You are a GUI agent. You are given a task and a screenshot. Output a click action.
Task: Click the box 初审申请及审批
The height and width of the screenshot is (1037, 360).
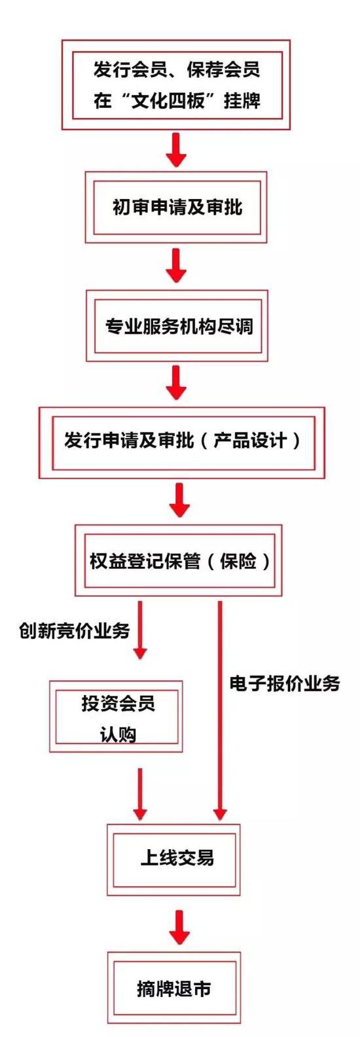(176, 208)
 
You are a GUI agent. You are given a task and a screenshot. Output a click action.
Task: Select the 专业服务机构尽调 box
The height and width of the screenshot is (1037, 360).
(177, 326)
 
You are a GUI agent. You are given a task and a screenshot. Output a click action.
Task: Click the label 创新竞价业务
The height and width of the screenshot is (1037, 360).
(74, 630)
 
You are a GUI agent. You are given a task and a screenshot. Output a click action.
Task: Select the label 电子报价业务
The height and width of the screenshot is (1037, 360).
(285, 683)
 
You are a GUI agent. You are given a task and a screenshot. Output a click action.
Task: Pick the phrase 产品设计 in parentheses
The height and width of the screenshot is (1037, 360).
(250, 440)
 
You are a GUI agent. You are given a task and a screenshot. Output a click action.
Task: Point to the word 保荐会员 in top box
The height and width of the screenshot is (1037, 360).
(223, 70)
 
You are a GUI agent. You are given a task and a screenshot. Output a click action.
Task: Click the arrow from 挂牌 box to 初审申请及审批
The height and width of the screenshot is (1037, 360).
(176, 151)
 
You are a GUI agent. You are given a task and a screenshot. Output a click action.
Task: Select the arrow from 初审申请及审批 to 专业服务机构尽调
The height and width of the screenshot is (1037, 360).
(176, 266)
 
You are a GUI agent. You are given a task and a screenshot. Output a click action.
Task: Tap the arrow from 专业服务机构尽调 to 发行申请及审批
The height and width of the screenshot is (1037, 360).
(176, 382)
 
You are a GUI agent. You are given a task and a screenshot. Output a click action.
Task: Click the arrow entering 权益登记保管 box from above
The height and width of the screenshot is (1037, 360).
(179, 500)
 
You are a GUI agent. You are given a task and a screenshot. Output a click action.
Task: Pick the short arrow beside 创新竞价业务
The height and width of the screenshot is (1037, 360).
(139, 630)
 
